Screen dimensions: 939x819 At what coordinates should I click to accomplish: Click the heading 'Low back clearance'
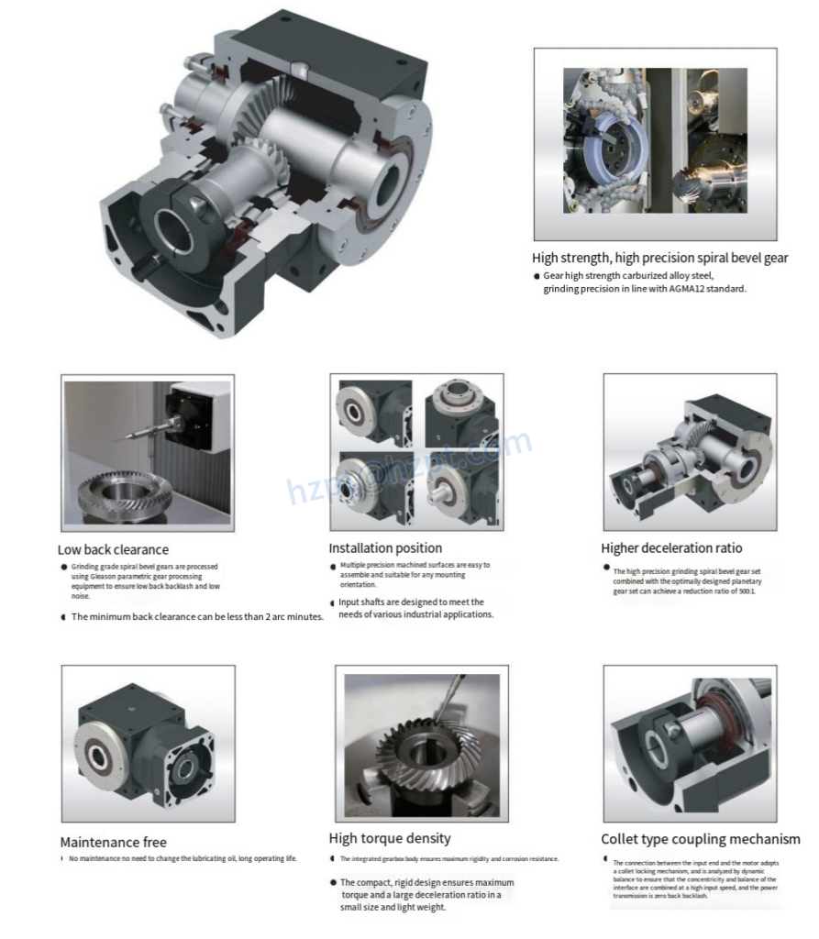113,550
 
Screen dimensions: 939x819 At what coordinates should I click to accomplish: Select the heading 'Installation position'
385,548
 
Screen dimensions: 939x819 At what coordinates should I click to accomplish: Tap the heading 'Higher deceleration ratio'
671,548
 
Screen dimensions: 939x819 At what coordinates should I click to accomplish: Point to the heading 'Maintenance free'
114,842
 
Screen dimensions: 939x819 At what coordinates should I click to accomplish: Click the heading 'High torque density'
390,838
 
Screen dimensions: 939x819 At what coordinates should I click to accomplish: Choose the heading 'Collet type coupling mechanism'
701,839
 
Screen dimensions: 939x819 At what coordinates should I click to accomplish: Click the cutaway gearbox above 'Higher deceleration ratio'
690,451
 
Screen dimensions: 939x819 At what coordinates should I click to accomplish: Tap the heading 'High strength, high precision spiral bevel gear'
659,259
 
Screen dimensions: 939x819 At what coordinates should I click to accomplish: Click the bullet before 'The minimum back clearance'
63,617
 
